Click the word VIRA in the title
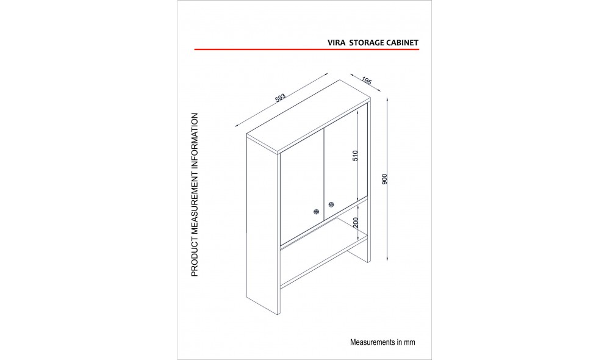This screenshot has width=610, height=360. coord(337,43)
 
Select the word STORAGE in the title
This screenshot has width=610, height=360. coord(367,43)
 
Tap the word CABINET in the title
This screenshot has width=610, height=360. coord(402,43)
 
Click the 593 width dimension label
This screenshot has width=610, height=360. coord(280,98)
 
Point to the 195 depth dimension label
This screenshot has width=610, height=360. coord(367,81)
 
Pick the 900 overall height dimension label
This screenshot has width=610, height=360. coord(385,179)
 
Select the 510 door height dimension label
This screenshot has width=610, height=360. coord(355,156)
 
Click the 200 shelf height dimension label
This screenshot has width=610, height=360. coord(356,223)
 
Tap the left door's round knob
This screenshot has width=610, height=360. coord(316,211)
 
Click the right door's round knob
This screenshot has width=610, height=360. coord(331,204)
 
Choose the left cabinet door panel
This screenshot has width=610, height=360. coord(303,187)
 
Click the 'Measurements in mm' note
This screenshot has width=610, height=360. coord(382,342)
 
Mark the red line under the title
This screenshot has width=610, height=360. coord(307,49)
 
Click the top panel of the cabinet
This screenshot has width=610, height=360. coord(309,117)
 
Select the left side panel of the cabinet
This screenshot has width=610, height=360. coord(264,224)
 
